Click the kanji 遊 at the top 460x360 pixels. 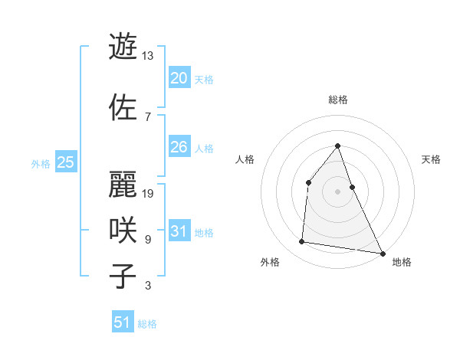point(123,47)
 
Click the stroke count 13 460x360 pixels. point(148,56)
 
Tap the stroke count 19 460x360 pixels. point(148,193)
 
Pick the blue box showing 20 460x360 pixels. point(179,77)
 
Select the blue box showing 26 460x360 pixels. point(179,146)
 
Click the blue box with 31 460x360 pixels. point(179,231)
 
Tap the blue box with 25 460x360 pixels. point(66,162)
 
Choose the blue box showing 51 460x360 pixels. point(123,322)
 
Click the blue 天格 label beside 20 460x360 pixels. point(204,79)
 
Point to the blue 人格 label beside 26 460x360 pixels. point(204,148)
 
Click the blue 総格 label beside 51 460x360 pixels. point(147,324)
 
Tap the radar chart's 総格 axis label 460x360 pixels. point(337,100)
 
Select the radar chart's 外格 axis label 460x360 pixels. point(270,262)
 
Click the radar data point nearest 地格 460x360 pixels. point(382,253)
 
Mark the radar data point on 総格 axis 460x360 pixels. point(337,146)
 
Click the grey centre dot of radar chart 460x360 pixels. point(337,191)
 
